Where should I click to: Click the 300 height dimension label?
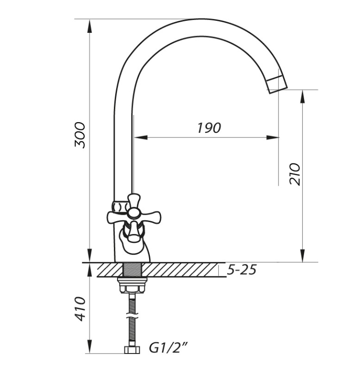80,135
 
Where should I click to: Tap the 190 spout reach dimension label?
209,128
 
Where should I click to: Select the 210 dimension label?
295,174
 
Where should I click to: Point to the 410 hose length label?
80,309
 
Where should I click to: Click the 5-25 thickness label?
242,270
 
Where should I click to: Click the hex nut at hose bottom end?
132,349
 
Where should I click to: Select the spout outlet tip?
277,85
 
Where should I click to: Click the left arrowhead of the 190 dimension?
141,137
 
